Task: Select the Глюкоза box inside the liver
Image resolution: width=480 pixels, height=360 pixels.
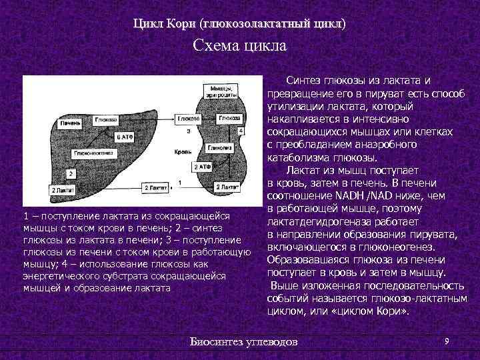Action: [x=107, y=119]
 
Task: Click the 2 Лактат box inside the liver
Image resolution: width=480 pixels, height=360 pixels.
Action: [x=64, y=190]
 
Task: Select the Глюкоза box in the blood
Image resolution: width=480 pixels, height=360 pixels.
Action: [x=188, y=119]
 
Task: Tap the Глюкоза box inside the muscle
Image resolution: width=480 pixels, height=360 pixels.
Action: [x=229, y=118]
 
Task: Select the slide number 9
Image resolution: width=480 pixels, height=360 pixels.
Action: [x=446, y=341]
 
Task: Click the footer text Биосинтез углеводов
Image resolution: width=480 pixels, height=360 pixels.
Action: [x=245, y=343]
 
